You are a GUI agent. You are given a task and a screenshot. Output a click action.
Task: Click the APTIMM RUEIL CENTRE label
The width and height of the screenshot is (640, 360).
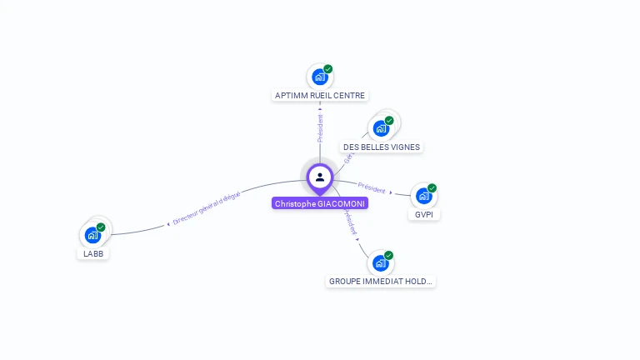point(320,95)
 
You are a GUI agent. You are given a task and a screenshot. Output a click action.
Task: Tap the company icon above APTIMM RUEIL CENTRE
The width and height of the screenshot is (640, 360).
point(319,77)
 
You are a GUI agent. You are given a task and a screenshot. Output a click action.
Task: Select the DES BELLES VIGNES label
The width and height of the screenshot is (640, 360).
point(382,147)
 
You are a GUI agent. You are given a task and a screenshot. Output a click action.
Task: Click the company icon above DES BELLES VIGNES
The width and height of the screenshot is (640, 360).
point(381,128)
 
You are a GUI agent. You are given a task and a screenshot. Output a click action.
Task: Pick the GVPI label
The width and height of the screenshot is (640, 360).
point(424,214)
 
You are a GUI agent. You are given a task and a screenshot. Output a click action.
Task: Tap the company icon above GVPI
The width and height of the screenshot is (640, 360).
point(423,196)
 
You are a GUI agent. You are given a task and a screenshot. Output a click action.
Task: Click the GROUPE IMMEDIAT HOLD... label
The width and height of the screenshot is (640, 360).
point(381,281)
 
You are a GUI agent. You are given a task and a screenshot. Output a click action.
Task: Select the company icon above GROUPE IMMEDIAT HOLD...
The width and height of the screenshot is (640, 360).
point(380,263)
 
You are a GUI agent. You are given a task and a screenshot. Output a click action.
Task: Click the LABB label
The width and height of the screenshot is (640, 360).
point(93,252)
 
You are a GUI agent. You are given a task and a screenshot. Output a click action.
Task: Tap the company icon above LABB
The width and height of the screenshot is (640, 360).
point(92,235)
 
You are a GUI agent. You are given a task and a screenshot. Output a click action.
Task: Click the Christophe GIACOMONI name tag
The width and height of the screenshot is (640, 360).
point(320,203)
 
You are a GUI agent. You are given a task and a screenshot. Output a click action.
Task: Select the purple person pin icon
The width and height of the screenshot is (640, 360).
point(320,177)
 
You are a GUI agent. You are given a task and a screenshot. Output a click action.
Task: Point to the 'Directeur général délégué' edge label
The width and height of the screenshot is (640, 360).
point(207,209)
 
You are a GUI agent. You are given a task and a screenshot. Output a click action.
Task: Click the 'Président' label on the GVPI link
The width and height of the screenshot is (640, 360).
point(372,188)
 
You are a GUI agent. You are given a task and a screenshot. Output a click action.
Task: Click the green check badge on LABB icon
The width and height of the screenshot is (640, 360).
point(101,227)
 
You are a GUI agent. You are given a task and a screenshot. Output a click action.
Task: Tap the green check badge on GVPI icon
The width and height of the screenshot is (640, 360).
point(432,188)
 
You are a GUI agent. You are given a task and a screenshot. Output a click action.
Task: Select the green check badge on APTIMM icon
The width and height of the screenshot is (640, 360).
point(327,69)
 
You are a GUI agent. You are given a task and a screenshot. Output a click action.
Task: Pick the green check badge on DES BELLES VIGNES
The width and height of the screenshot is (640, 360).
point(389,121)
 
